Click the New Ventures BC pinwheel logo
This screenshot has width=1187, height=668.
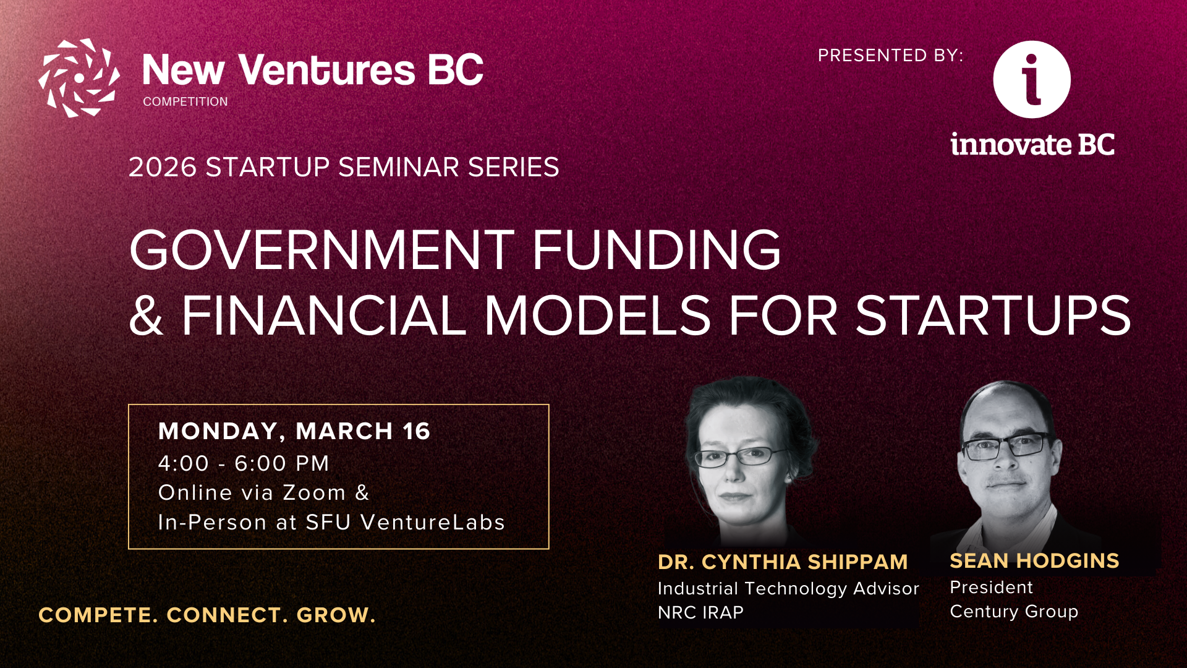pos(79,78)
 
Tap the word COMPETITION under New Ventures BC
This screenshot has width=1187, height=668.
pos(185,101)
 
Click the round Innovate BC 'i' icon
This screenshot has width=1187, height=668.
pos(1032,79)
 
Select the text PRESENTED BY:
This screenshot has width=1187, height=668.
pos(890,56)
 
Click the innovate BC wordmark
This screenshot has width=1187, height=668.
pos(1032,144)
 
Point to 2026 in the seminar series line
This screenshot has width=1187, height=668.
pos(163,168)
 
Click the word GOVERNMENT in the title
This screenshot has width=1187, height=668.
pos(322,250)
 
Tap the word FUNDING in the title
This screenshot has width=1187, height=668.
pos(657,250)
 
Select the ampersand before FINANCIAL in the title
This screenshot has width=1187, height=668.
pos(147,315)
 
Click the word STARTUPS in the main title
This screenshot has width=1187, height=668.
pos(993,315)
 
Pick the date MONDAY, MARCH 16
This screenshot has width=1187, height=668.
pos(294,431)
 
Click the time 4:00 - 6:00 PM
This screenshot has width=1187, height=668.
pos(244,463)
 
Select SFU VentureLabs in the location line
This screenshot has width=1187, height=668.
pos(406,523)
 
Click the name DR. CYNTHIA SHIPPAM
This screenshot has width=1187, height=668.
pos(783,562)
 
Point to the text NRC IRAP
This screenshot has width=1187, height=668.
pos(700,612)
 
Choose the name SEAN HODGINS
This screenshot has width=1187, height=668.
pos(1034,560)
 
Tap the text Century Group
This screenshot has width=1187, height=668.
pos(1014,612)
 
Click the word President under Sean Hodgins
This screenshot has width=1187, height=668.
pos(991,587)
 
